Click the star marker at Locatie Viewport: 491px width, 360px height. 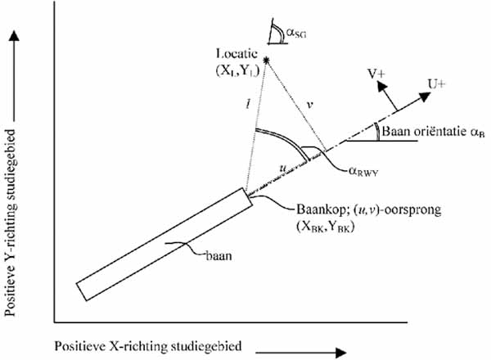pyautogui.click(x=266, y=60)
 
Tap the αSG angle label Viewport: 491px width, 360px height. pyautogui.click(x=296, y=33)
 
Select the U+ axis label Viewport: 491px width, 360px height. pyautogui.click(x=436, y=84)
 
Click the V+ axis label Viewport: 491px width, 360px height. pyautogui.click(x=376, y=74)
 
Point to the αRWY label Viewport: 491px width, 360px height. pyautogui.click(x=363, y=172)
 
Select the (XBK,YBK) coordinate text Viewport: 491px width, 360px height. pyautogui.click(x=325, y=227)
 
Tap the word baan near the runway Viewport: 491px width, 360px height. pyautogui.click(x=218, y=256)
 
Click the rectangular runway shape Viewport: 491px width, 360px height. pyautogui.click(x=164, y=244)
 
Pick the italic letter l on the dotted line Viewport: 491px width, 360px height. pyautogui.click(x=248, y=104)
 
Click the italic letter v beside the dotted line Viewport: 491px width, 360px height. pyautogui.click(x=309, y=106)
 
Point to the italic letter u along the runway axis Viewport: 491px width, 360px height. pyautogui.click(x=283, y=168)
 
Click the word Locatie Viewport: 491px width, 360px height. pyautogui.click(x=236, y=54)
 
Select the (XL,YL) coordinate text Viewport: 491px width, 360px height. pyautogui.click(x=237, y=71)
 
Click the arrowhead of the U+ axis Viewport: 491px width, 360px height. pyautogui.click(x=425, y=96)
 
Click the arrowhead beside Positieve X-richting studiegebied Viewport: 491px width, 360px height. pyautogui.click(x=340, y=353)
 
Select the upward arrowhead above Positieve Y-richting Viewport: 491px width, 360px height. pyautogui.click(x=14, y=35)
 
